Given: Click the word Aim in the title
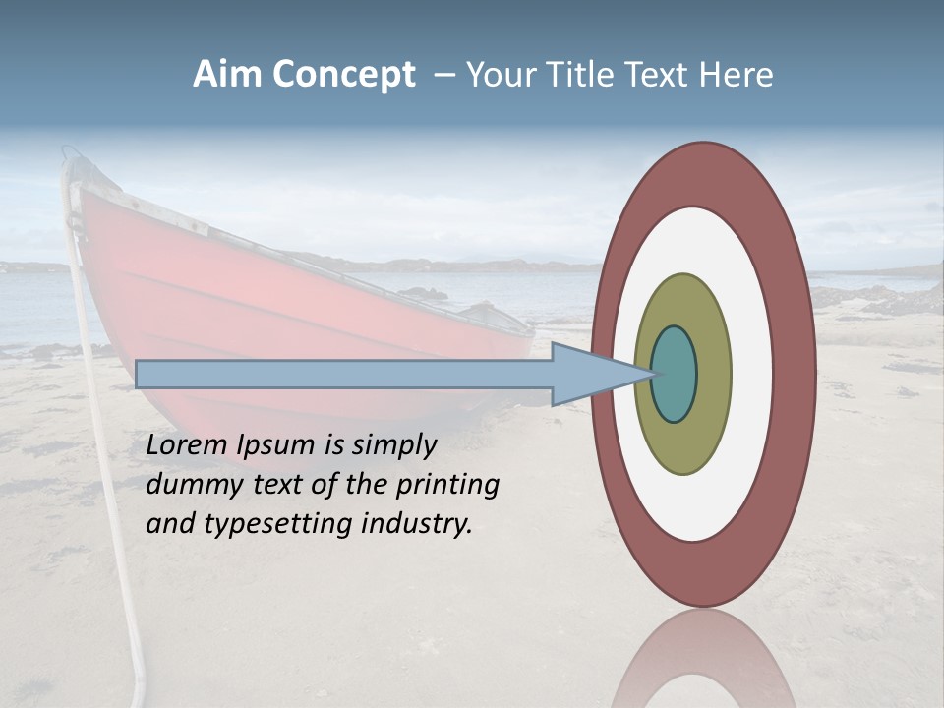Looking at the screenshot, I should click(x=228, y=75).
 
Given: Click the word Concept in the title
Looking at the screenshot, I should click(x=343, y=75).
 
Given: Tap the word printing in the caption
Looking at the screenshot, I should click(x=447, y=486).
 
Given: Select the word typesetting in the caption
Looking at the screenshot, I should click(x=280, y=525).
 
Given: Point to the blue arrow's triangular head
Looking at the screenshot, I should click(x=590, y=374).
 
